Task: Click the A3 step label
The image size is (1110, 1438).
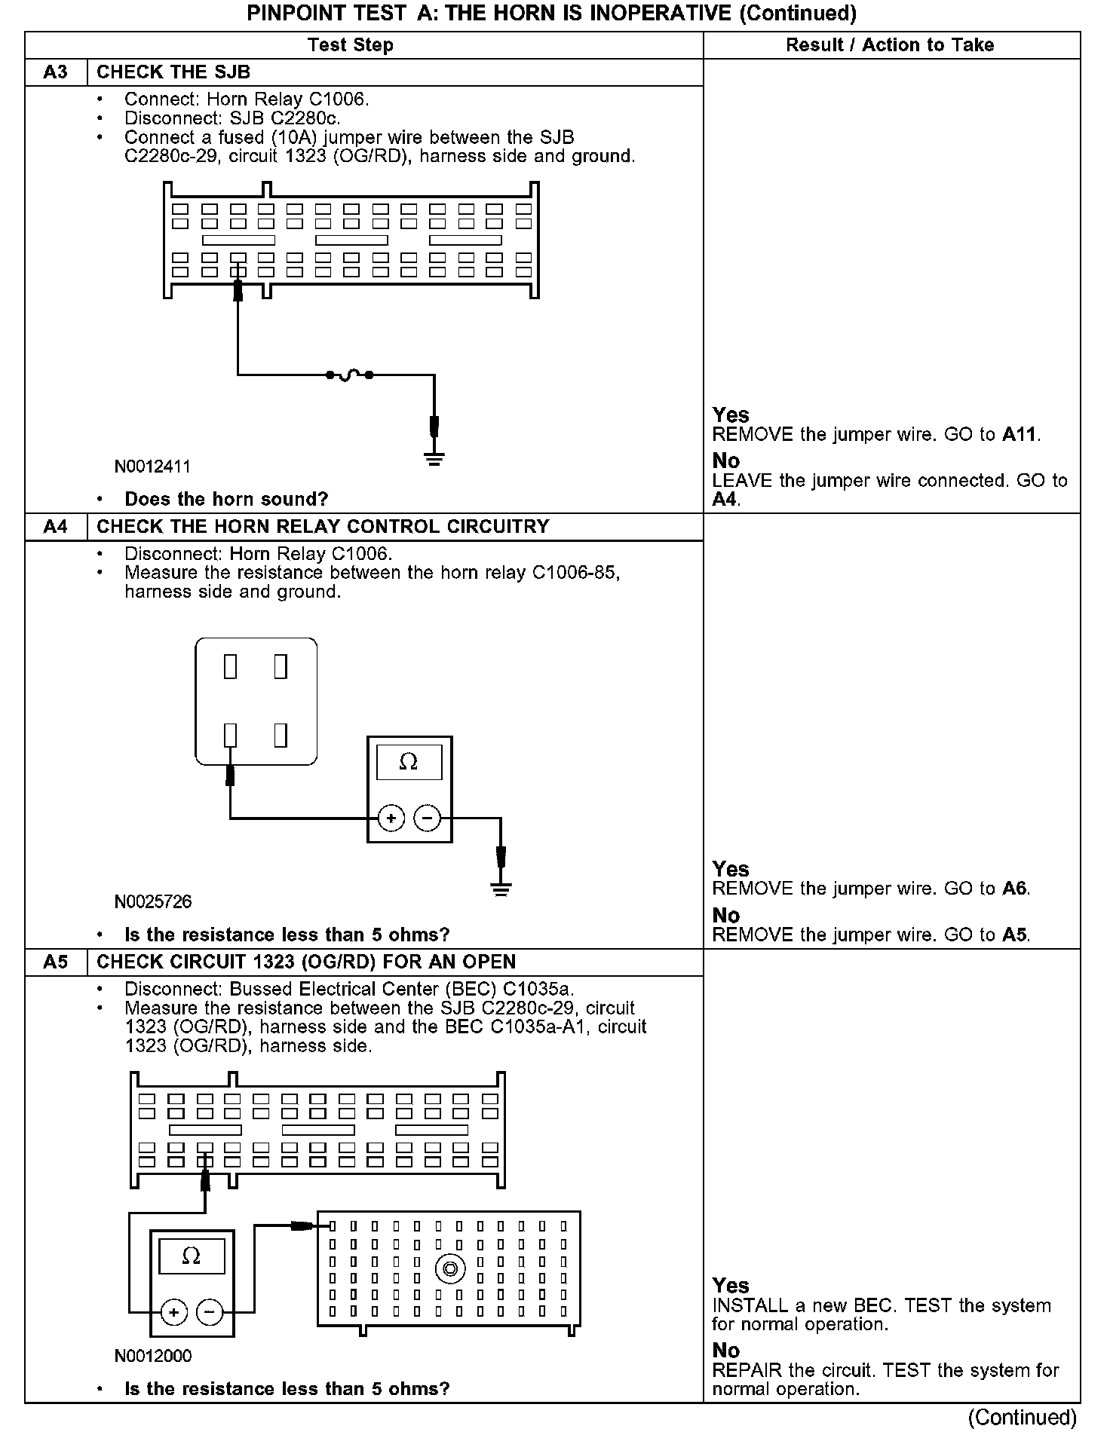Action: (x=55, y=72)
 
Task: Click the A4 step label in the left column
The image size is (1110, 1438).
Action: (x=55, y=527)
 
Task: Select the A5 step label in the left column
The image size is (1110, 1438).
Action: (x=55, y=962)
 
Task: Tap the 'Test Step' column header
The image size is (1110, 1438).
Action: (x=351, y=45)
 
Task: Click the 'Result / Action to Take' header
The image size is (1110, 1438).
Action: (x=890, y=45)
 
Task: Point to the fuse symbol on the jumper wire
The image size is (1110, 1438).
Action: (x=349, y=375)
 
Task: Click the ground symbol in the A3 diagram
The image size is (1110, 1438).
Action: (x=434, y=458)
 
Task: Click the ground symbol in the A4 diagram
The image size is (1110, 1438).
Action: (x=501, y=889)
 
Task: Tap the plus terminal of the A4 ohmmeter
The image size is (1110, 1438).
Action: (x=391, y=818)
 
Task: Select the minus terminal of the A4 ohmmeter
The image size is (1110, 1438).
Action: (x=428, y=818)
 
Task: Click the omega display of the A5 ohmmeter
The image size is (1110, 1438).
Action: (x=192, y=1256)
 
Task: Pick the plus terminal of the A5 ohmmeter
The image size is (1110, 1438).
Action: (x=173, y=1312)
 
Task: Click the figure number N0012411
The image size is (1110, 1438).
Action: (x=152, y=467)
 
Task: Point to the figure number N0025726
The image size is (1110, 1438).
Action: (x=153, y=902)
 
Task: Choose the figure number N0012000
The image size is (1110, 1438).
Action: (x=153, y=1356)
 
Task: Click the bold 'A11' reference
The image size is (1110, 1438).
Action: (x=1020, y=435)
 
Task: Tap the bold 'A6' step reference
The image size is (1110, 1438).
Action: (x=1014, y=889)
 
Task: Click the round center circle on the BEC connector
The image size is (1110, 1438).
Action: (x=449, y=1270)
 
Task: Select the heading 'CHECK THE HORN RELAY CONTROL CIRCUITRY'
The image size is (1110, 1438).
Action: (x=323, y=527)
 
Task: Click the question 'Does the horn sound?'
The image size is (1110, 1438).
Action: (x=226, y=500)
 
